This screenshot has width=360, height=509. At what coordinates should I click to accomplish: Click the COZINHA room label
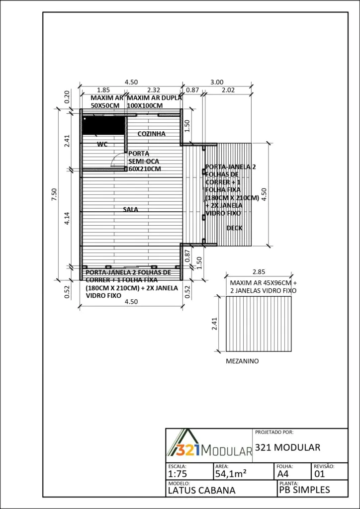pos(152,134)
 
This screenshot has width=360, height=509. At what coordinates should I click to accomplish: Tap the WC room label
pos(102,145)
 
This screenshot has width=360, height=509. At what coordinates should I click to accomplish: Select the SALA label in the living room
pos(130,210)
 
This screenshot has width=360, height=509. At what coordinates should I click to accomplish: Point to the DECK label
pos(234,228)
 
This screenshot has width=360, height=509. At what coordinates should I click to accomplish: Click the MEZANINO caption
pos(242,361)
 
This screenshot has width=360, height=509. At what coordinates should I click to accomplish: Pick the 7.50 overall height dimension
pos(54,194)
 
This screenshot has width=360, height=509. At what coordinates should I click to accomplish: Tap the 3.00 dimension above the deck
pos(217,83)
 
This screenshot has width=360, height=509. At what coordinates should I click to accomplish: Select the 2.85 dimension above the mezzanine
pos(259,271)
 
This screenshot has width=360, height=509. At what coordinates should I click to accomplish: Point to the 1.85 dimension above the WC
pos(103,90)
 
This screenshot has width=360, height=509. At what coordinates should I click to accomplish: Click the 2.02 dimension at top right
pos(228,90)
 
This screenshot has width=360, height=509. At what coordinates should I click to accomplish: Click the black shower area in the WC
pos(103,125)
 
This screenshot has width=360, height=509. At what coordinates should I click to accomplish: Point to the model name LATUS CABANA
pos(201,490)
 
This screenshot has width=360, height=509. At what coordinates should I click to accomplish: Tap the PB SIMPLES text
pos(304,490)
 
